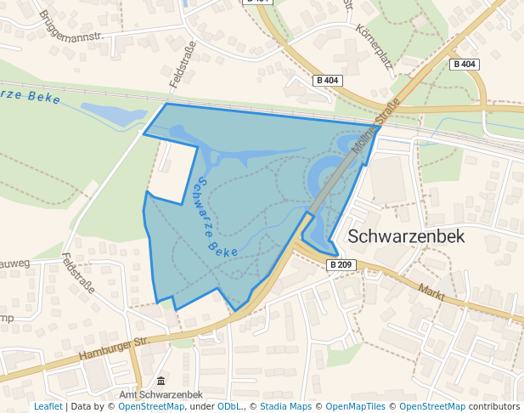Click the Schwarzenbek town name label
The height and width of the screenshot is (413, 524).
point(407,236)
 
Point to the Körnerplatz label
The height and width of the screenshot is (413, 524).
point(373,45)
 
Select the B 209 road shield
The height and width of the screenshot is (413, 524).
point(340,265)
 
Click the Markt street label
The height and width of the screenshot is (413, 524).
point(432,293)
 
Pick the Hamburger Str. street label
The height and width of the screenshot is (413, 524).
point(113,348)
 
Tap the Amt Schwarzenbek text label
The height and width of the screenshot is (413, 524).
point(161,395)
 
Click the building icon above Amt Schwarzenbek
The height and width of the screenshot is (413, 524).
point(161,381)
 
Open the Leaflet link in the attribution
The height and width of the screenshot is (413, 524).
point(48,407)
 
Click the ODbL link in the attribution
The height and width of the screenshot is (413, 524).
point(229,407)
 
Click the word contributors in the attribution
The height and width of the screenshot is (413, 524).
point(494,407)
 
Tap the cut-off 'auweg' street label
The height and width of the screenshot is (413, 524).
point(14,263)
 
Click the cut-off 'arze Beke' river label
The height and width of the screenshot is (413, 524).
point(30,96)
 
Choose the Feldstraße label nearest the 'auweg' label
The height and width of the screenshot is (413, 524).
point(78,273)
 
